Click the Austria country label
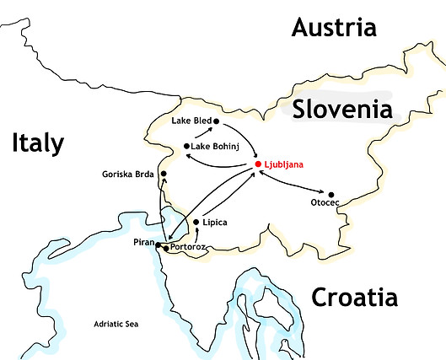tap(333, 27)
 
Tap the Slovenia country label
tap(341, 110)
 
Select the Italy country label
tap(38, 143)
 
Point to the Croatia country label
tap(354, 297)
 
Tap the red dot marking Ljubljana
tap(258, 164)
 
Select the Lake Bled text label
tap(191, 121)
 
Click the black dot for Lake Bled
tap(217, 121)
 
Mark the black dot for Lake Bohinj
tap(186, 147)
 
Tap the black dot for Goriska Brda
tap(164, 175)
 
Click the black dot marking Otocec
tap(331, 195)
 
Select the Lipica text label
tap(215, 223)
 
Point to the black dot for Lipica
tap(196, 223)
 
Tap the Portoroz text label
tap(187, 248)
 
